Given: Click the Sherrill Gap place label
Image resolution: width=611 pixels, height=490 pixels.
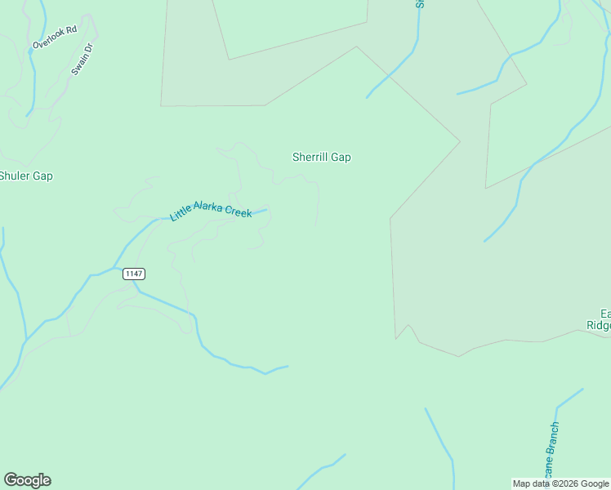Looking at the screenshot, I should [322, 157].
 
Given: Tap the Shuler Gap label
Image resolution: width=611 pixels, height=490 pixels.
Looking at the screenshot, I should [25, 176].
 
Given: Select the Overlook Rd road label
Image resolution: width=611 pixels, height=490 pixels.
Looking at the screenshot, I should [55, 38].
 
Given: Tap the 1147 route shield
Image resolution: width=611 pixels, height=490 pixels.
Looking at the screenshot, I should [134, 273].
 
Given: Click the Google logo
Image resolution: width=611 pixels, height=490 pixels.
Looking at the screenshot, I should [27, 480].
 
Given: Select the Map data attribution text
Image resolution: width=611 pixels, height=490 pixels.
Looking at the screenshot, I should [560, 483].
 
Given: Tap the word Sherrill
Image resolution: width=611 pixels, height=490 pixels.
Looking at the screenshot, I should [310, 157].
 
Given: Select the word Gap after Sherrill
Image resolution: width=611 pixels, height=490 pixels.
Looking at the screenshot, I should [341, 157].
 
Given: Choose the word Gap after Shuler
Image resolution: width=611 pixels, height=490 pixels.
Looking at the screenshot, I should [42, 176].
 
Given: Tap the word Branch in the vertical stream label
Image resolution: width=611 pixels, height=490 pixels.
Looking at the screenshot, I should [554, 441].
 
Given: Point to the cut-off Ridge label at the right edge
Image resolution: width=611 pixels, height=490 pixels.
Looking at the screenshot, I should [599, 324].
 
